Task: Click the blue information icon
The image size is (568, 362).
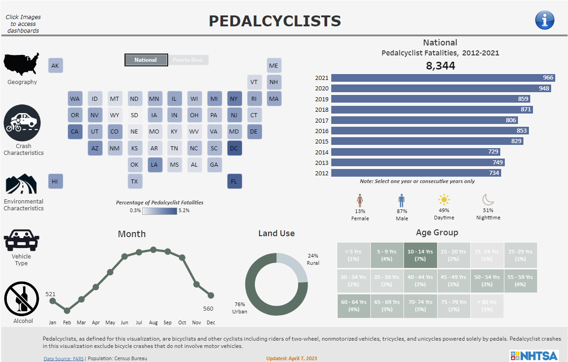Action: [544, 20]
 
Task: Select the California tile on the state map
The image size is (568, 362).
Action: [75, 132]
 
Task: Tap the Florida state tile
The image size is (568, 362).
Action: [234, 181]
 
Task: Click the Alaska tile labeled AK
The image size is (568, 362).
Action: [55, 66]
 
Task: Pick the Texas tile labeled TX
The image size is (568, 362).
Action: [135, 181]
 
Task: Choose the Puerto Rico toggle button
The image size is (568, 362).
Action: [188, 60]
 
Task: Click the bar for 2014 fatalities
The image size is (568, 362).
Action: [415, 152]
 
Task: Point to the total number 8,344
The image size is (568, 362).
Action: [440, 66]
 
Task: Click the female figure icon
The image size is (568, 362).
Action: [360, 200]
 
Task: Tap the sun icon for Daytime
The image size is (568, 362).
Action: [443, 200]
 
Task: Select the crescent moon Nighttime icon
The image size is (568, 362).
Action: [488, 200]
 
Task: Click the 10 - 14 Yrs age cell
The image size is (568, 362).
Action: [420, 255]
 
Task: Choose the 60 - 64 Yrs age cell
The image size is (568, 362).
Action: [354, 306]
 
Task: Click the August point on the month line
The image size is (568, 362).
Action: [153, 249]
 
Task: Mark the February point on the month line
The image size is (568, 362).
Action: [67, 311]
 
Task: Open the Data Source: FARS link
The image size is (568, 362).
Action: [63, 358]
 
